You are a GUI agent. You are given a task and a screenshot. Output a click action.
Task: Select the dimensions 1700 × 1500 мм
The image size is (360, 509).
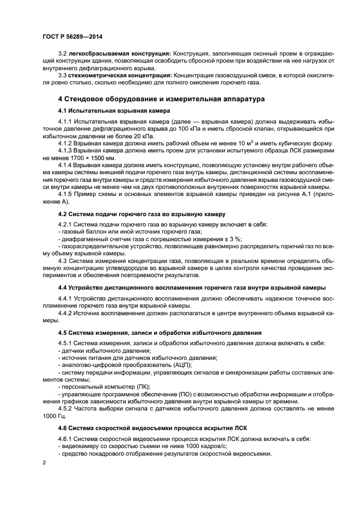click(x=90, y=158)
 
